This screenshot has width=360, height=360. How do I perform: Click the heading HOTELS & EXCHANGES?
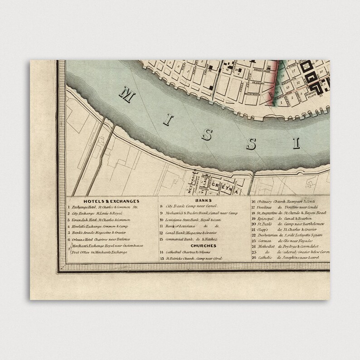click(111, 201)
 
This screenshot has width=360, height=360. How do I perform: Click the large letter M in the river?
click(127, 95)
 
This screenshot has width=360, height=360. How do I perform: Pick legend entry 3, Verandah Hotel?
click(98, 220)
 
